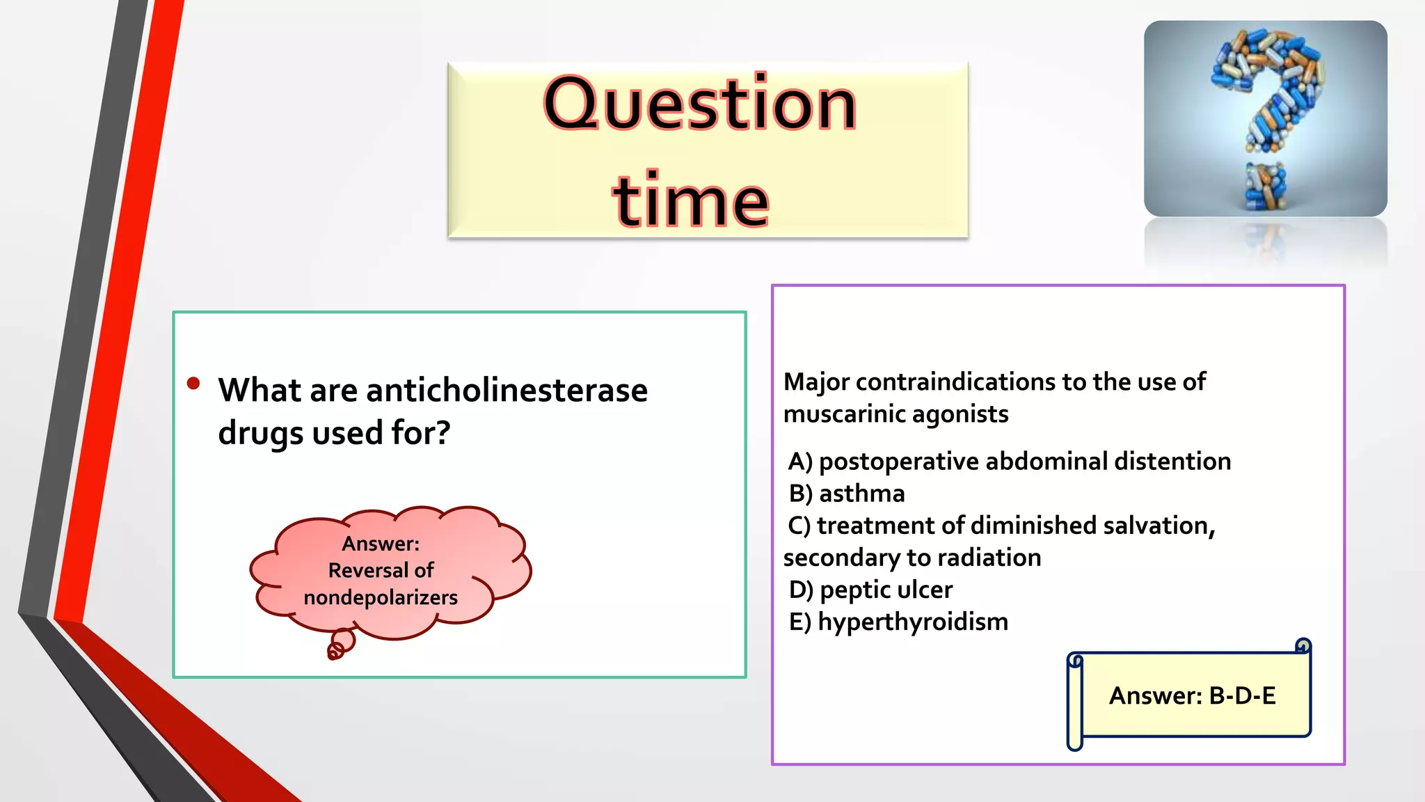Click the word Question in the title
point(699,104)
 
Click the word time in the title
point(690,201)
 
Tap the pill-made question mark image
point(1265,118)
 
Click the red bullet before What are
point(193,384)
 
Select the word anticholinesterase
point(507,391)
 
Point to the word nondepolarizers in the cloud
point(381,597)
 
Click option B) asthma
point(847,494)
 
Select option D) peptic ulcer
point(870,590)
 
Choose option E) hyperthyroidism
point(898,622)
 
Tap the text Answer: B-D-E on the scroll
point(1192,695)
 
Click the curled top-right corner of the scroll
point(1303,647)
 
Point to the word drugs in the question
point(261,434)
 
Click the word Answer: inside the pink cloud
point(381,544)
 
